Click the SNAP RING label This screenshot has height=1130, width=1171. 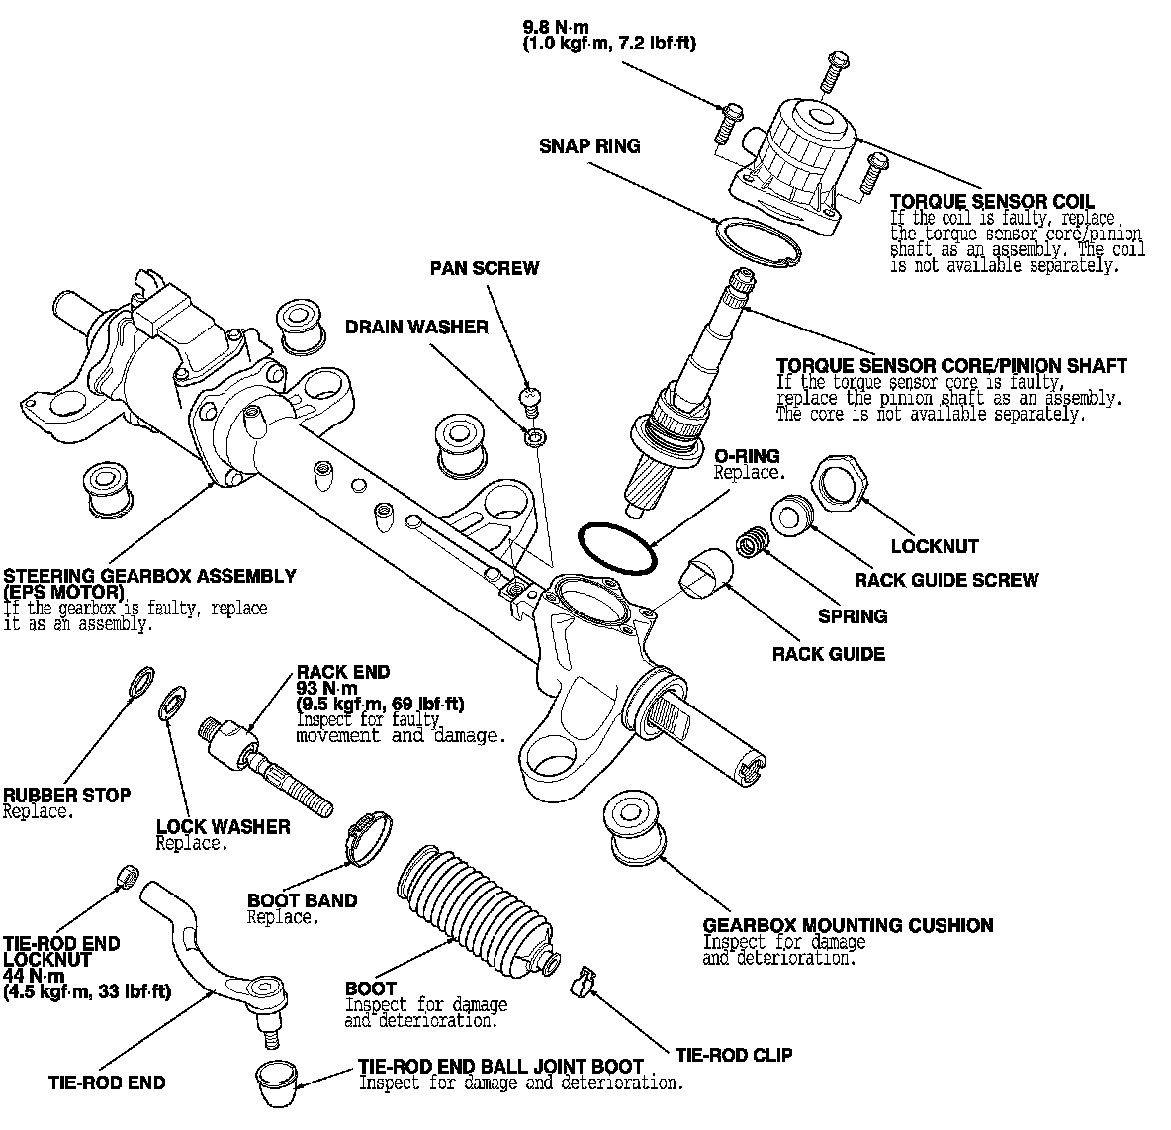click(x=589, y=146)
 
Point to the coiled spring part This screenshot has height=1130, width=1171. click(x=754, y=543)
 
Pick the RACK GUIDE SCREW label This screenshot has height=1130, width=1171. click(x=946, y=580)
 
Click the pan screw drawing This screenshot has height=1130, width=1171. click(x=532, y=399)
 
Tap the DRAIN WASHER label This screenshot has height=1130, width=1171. click(x=416, y=327)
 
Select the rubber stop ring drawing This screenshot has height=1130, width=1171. click(x=142, y=681)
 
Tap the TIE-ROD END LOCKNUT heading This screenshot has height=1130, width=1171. click(x=61, y=952)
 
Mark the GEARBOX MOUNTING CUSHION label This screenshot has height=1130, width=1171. click(x=848, y=926)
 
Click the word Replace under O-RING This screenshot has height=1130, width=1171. click(x=749, y=473)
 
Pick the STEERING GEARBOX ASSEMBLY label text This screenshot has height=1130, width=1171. click(x=149, y=576)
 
